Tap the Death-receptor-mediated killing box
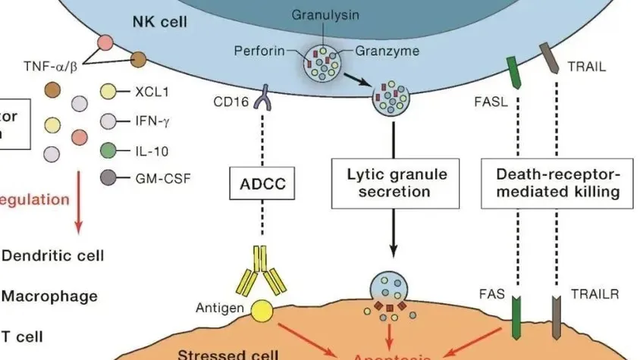[557, 183]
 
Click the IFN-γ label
[151, 121]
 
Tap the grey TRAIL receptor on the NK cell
[548, 56]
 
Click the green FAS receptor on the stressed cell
[516, 319]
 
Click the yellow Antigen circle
[262, 309]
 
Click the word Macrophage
[49, 296]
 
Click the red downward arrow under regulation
[79, 221]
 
